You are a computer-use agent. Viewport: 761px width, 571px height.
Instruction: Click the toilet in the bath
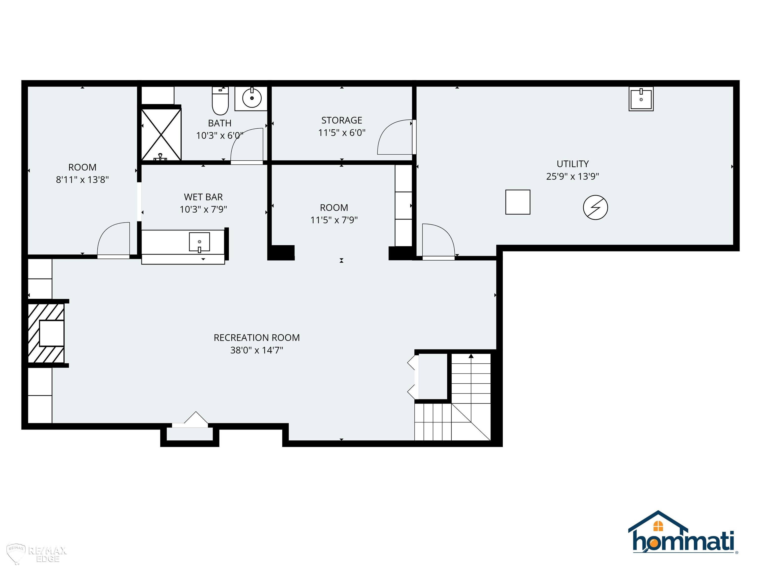coord(220,101)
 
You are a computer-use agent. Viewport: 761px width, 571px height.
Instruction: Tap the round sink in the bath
coord(252,98)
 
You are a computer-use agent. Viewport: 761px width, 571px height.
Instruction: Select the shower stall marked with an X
coord(161,135)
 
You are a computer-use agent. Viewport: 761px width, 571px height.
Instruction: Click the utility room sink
coord(641,99)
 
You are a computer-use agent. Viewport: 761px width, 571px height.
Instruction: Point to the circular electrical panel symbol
coord(596,207)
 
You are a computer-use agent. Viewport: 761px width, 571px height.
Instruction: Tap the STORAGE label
coord(342,120)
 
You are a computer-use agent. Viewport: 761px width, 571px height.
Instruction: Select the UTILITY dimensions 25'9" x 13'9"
coord(572,176)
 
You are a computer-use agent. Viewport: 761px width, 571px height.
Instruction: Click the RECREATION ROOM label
coord(257,338)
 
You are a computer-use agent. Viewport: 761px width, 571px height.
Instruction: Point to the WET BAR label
coord(203,197)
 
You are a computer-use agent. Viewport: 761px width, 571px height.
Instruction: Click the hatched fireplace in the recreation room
coord(46,333)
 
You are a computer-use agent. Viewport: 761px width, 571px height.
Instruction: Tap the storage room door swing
coord(395,137)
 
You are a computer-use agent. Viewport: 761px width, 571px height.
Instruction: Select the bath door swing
coord(247,144)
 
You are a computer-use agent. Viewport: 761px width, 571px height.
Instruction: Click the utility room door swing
coord(438,240)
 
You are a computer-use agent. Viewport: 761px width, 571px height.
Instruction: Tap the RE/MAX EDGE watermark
coord(37,554)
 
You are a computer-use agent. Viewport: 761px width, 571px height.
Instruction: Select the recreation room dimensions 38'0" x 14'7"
coord(257,350)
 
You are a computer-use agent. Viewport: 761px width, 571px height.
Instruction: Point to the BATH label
coord(219,123)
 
